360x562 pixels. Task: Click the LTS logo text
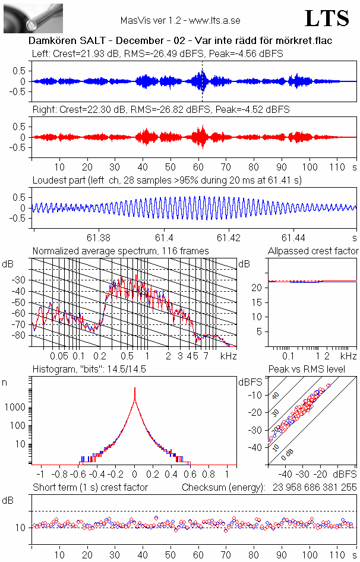point(327,19)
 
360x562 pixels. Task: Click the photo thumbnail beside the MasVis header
point(33,18)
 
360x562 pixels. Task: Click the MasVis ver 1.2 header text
point(180,20)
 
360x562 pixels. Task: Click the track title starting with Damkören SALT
point(180,40)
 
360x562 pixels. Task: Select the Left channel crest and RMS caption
point(157,53)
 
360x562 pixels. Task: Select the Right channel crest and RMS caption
point(160,110)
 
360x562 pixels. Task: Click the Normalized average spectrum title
point(121,251)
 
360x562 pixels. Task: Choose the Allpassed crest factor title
point(313,251)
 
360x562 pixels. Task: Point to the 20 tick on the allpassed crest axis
point(258,288)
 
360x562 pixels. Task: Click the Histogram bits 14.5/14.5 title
point(89,370)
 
